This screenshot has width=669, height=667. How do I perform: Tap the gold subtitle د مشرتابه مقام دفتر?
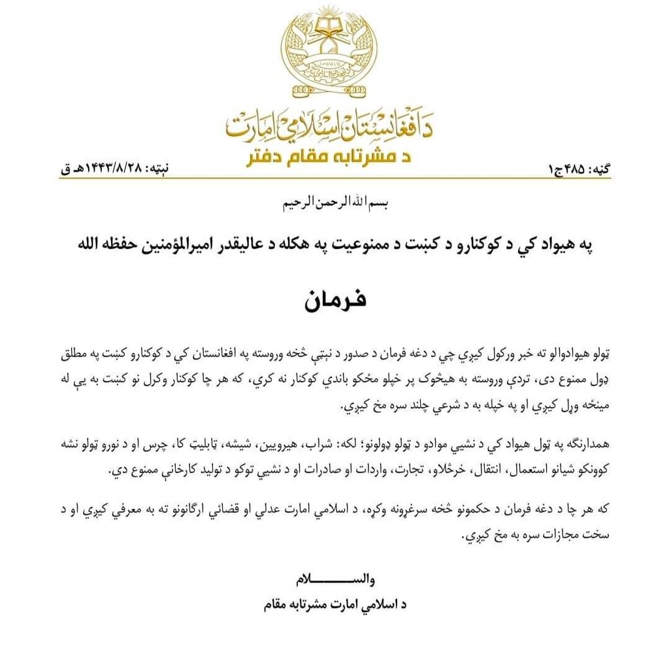pos(333,157)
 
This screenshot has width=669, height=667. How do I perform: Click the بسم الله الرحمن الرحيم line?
pos(334,203)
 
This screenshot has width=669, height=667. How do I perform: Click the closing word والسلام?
pos(334,579)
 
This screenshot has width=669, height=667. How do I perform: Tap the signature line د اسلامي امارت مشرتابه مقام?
pos(334,605)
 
